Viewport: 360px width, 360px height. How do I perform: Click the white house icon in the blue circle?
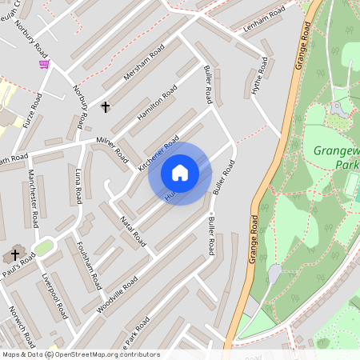180,173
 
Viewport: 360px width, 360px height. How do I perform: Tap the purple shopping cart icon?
45,64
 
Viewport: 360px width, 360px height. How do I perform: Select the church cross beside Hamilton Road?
105,106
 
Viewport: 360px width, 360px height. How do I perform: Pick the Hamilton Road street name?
157,107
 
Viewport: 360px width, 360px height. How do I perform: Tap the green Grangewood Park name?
337,157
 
